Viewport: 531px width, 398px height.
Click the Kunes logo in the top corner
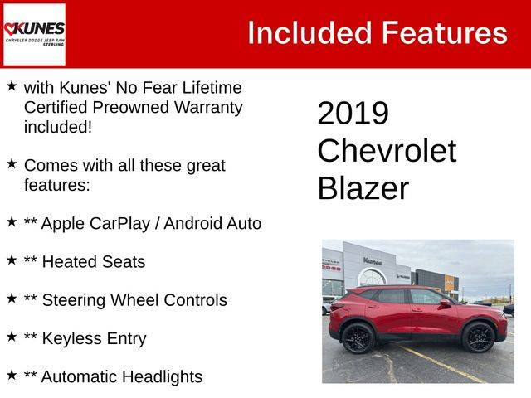pos(34,34)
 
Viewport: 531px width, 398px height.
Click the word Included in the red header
pos(309,33)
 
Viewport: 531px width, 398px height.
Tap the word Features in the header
pos(445,33)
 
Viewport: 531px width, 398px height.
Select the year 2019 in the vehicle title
pos(353,113)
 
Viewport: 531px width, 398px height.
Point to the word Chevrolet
pos(387,151)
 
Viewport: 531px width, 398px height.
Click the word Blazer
pos(363,188)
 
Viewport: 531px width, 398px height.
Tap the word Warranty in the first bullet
pos(208,108)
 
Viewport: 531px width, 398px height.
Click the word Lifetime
pos(212,88)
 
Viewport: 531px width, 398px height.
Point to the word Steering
pos(74,300)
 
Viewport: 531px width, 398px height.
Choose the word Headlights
pos(163,377)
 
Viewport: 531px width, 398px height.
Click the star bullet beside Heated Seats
pos(12,260)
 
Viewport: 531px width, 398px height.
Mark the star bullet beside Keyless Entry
pos(12,337)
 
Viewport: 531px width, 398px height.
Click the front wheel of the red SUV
pos(478,337)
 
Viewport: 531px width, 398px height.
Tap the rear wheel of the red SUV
pos(358,337)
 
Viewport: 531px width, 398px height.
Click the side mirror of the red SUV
pos(446,303)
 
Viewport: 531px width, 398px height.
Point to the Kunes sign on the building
pos(373,261)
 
